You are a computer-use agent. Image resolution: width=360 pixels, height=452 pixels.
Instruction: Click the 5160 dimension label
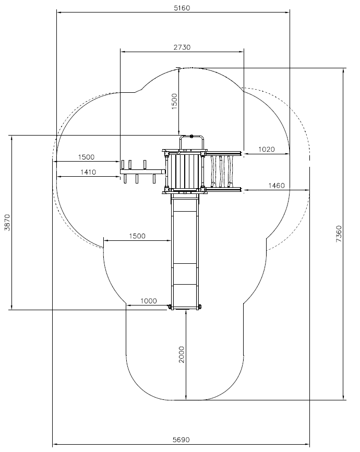182,8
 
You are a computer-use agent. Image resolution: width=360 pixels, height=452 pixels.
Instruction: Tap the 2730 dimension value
182,47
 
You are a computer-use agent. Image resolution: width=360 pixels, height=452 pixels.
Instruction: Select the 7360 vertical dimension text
339,234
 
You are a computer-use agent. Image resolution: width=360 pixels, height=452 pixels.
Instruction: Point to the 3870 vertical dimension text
7,222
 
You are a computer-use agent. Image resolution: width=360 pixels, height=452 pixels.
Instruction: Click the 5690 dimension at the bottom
181,440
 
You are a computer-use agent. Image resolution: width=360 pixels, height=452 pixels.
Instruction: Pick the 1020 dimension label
266,149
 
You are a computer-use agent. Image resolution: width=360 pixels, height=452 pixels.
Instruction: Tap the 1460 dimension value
277,186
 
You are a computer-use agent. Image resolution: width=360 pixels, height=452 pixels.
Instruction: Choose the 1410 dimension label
88,172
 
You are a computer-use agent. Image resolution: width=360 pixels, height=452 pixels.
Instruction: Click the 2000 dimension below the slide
182,355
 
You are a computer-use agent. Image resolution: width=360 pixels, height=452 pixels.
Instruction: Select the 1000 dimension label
149,301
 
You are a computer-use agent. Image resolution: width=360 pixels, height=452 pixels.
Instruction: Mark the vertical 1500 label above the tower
174,101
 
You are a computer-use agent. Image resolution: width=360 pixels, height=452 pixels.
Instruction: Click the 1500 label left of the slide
137,236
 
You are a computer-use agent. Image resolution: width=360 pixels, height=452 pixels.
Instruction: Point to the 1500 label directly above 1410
86,157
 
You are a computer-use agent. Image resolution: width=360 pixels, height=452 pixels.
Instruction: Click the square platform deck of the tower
185,171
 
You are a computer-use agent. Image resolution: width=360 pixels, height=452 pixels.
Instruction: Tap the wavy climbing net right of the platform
222,171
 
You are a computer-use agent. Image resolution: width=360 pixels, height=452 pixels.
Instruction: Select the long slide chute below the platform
185,251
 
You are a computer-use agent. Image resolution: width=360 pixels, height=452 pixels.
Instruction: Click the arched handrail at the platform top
191,142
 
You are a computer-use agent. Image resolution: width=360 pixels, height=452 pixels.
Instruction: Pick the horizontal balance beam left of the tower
142,172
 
